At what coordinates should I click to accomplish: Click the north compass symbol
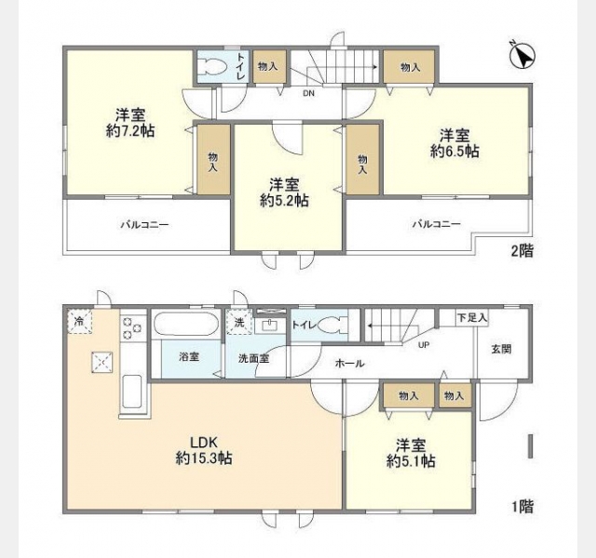pos(522,56)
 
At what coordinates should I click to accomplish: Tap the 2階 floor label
pos(522,251)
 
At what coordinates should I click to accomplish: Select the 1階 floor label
pos(522,506)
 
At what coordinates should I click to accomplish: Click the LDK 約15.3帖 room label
pos(204,450)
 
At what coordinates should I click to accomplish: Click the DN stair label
pos(308,93)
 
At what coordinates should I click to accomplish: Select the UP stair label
pos(424,345)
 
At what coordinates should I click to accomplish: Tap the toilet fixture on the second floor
pos(213,67)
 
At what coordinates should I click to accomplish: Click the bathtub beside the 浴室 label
pos(186,324)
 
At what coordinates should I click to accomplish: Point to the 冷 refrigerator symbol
pos(80,322)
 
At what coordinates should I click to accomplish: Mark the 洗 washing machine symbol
pos(239,322)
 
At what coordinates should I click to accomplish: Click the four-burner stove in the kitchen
pos(132,328)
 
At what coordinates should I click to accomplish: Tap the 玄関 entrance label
pos(501,350)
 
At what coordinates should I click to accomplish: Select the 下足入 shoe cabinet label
pos(472,318)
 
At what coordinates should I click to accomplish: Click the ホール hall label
pos(350,364)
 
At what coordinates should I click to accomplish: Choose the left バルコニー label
pos(145,225)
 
